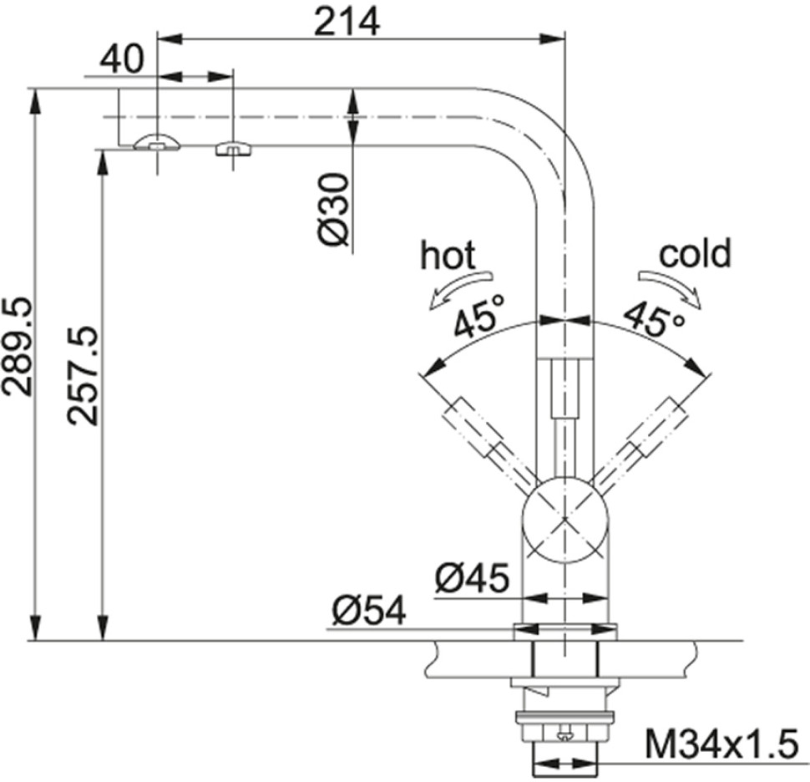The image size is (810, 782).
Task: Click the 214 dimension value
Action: click(x=347, y=23)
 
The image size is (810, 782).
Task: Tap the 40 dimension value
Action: click(x=121, y=59)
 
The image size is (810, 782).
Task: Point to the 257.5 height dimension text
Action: click(x=83, y=375)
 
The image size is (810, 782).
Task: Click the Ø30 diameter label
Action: click(x=333, y=209)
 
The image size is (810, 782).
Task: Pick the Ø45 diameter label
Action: click(x=472, y=577)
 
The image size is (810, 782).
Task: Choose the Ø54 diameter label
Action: click(x=369, y=610)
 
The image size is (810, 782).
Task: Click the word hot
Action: click(x=448, y=255)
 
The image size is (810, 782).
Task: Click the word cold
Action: click(x=696, y=253)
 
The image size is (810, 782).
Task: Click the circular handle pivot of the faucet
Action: click(x=565, y=518)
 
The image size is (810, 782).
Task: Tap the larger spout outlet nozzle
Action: click(x=157, y=142)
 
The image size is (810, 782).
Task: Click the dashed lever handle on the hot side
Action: click(x=489, y=439)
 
